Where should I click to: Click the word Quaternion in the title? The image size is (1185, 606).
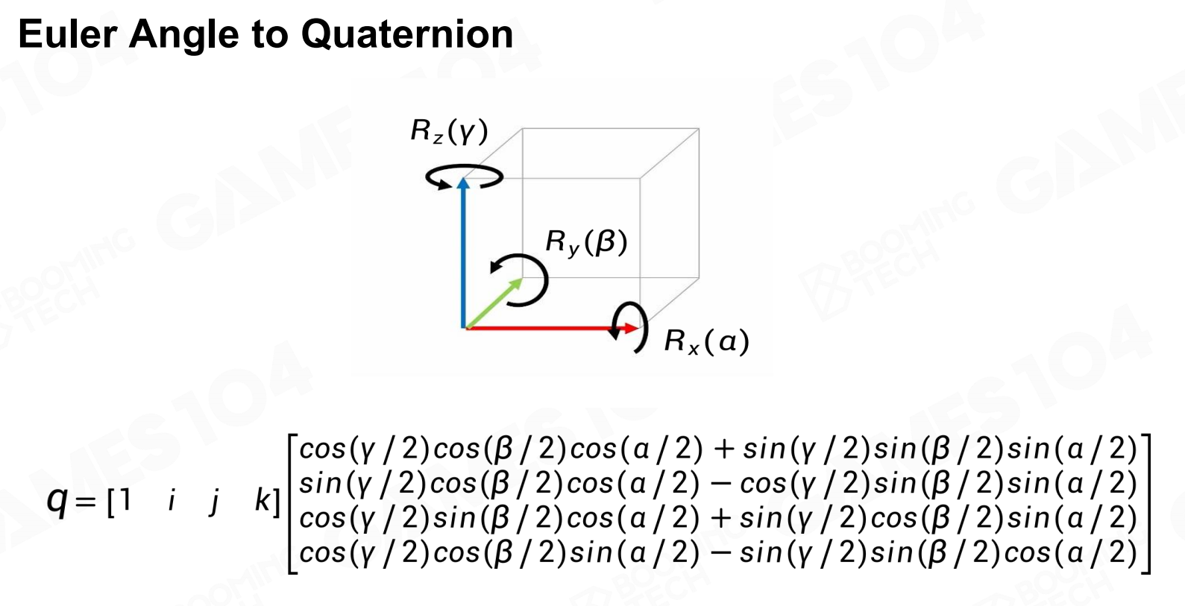(407, 34)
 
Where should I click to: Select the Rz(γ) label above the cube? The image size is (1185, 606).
(449, 131)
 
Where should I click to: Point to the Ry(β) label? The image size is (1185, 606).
(586, 242)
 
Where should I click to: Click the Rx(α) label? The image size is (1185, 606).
(706, 341)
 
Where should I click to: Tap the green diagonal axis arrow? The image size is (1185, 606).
(492, 303)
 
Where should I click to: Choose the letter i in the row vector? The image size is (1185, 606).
(172, 500)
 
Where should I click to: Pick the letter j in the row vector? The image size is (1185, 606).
(215, 501)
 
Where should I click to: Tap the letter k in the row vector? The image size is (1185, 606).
(263, 500)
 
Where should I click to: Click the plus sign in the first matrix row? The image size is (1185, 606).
(723, 449)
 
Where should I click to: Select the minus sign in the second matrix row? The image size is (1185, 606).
(720, 484)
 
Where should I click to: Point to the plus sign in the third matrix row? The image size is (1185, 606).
(720, 518)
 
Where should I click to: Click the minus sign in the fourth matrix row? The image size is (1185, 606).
(720, 552)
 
